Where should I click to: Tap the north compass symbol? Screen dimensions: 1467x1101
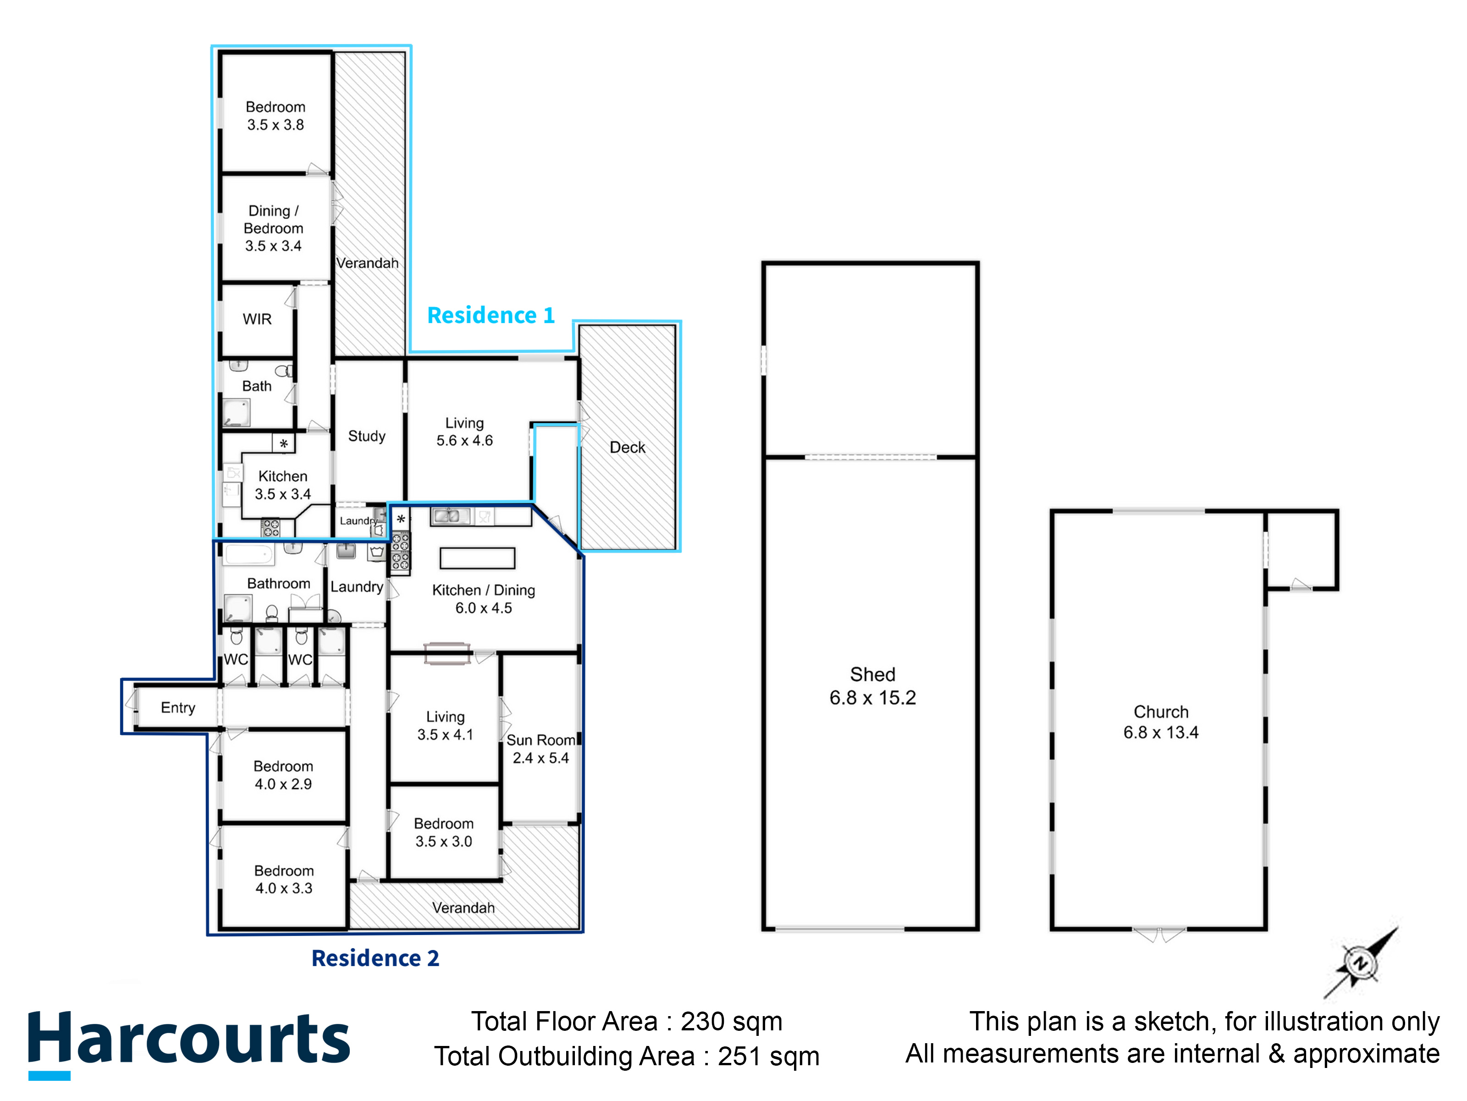click(1360, 963)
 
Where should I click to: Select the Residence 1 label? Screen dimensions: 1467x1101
click(491, 315)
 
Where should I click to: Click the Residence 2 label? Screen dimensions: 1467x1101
click(375, 958)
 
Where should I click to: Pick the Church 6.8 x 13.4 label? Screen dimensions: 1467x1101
click(1161, 722)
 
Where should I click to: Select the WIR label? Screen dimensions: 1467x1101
click(257, 319)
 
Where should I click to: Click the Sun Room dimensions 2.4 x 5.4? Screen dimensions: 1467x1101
click(540, 758)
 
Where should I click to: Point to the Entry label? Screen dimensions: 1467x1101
click(178, 708)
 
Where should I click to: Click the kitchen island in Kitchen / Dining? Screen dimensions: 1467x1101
click(478, 558)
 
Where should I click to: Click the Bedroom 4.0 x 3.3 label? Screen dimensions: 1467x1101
click(284, 879)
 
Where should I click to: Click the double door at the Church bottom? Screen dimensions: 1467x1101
click(1159, 934)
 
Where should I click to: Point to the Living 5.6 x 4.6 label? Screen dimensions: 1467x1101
click(464, 431)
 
